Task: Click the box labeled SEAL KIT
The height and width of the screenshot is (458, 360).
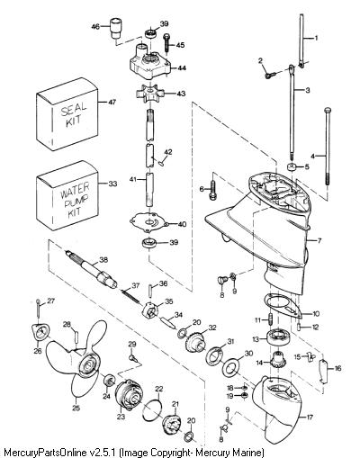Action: point(67,114)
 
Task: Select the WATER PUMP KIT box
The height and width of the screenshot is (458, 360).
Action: point(67,195)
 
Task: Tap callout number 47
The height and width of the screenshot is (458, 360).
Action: point(112,103)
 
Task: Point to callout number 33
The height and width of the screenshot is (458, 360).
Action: point(112,184)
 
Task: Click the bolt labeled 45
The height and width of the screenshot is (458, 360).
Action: point(166,44)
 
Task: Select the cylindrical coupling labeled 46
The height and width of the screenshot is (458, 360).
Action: point(116,28)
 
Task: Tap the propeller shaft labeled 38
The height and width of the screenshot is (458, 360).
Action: point(92,270)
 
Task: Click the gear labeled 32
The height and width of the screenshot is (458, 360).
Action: point(195,344)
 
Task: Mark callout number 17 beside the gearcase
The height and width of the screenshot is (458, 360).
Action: point(310,417)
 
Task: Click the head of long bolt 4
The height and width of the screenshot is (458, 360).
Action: point(328,110)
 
